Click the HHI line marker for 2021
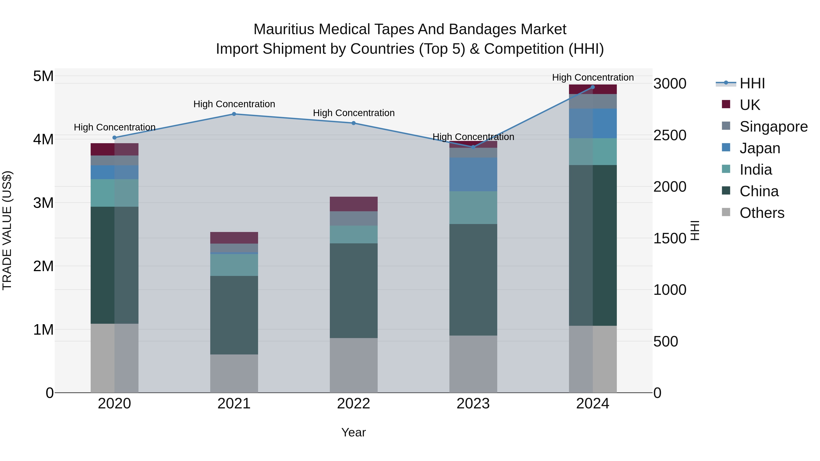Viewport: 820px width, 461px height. click(234, 114)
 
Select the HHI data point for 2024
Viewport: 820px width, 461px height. click(592, 87)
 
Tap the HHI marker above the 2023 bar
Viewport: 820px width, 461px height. click(473, 147)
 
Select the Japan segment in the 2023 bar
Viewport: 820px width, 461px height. click(473, 174)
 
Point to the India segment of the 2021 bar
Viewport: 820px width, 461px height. click(234, 265)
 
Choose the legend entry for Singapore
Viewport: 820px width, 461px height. click(773, 127)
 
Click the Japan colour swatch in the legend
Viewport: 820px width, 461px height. click(726, 148)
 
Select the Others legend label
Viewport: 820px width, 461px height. click(762, 213)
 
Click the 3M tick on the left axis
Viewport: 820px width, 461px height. click(43, 203)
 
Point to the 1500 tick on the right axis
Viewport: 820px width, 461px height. click(670, 238)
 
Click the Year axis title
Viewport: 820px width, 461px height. click(353, 432)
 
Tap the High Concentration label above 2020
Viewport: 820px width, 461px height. click(115, 127)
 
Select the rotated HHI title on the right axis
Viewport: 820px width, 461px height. click(695, 230)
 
